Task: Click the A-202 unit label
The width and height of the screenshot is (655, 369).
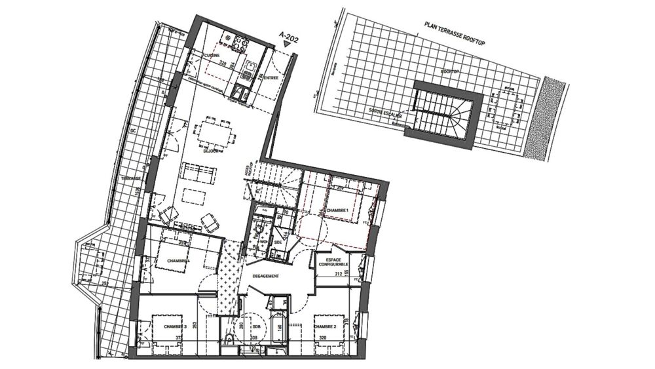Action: pyautogui.click(x=288, y=37)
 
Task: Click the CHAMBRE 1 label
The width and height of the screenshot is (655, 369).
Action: pyautogui.click(x=339, y=210)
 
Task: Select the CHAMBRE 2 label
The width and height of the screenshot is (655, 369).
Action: pyautogui.click(x=325, y=326)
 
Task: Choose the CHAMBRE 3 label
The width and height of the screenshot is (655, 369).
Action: pyautogui.click(x=176, y=326)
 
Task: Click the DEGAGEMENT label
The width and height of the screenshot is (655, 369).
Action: pyautogui.click(x=266, y=276)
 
